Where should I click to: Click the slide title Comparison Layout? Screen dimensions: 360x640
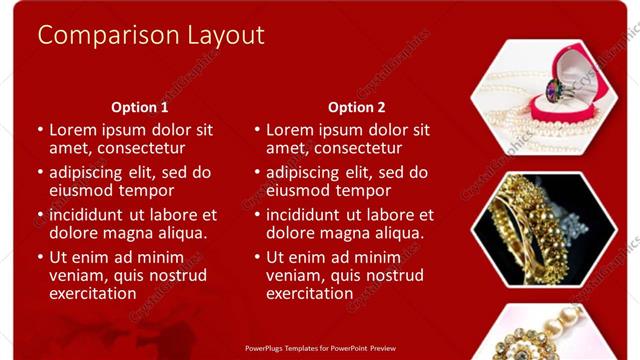tap(151, 35)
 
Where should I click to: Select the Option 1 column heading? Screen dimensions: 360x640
tap(139, 107)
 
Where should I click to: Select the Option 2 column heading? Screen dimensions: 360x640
tap(356, 107)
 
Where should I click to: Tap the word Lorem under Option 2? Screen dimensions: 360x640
tap(289, 130)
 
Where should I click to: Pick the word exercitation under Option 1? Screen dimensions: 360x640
tap(92, 294)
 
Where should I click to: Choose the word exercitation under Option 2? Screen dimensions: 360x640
tap(309, 294)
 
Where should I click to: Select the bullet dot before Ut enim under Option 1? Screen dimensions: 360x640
tap(39, 258)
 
